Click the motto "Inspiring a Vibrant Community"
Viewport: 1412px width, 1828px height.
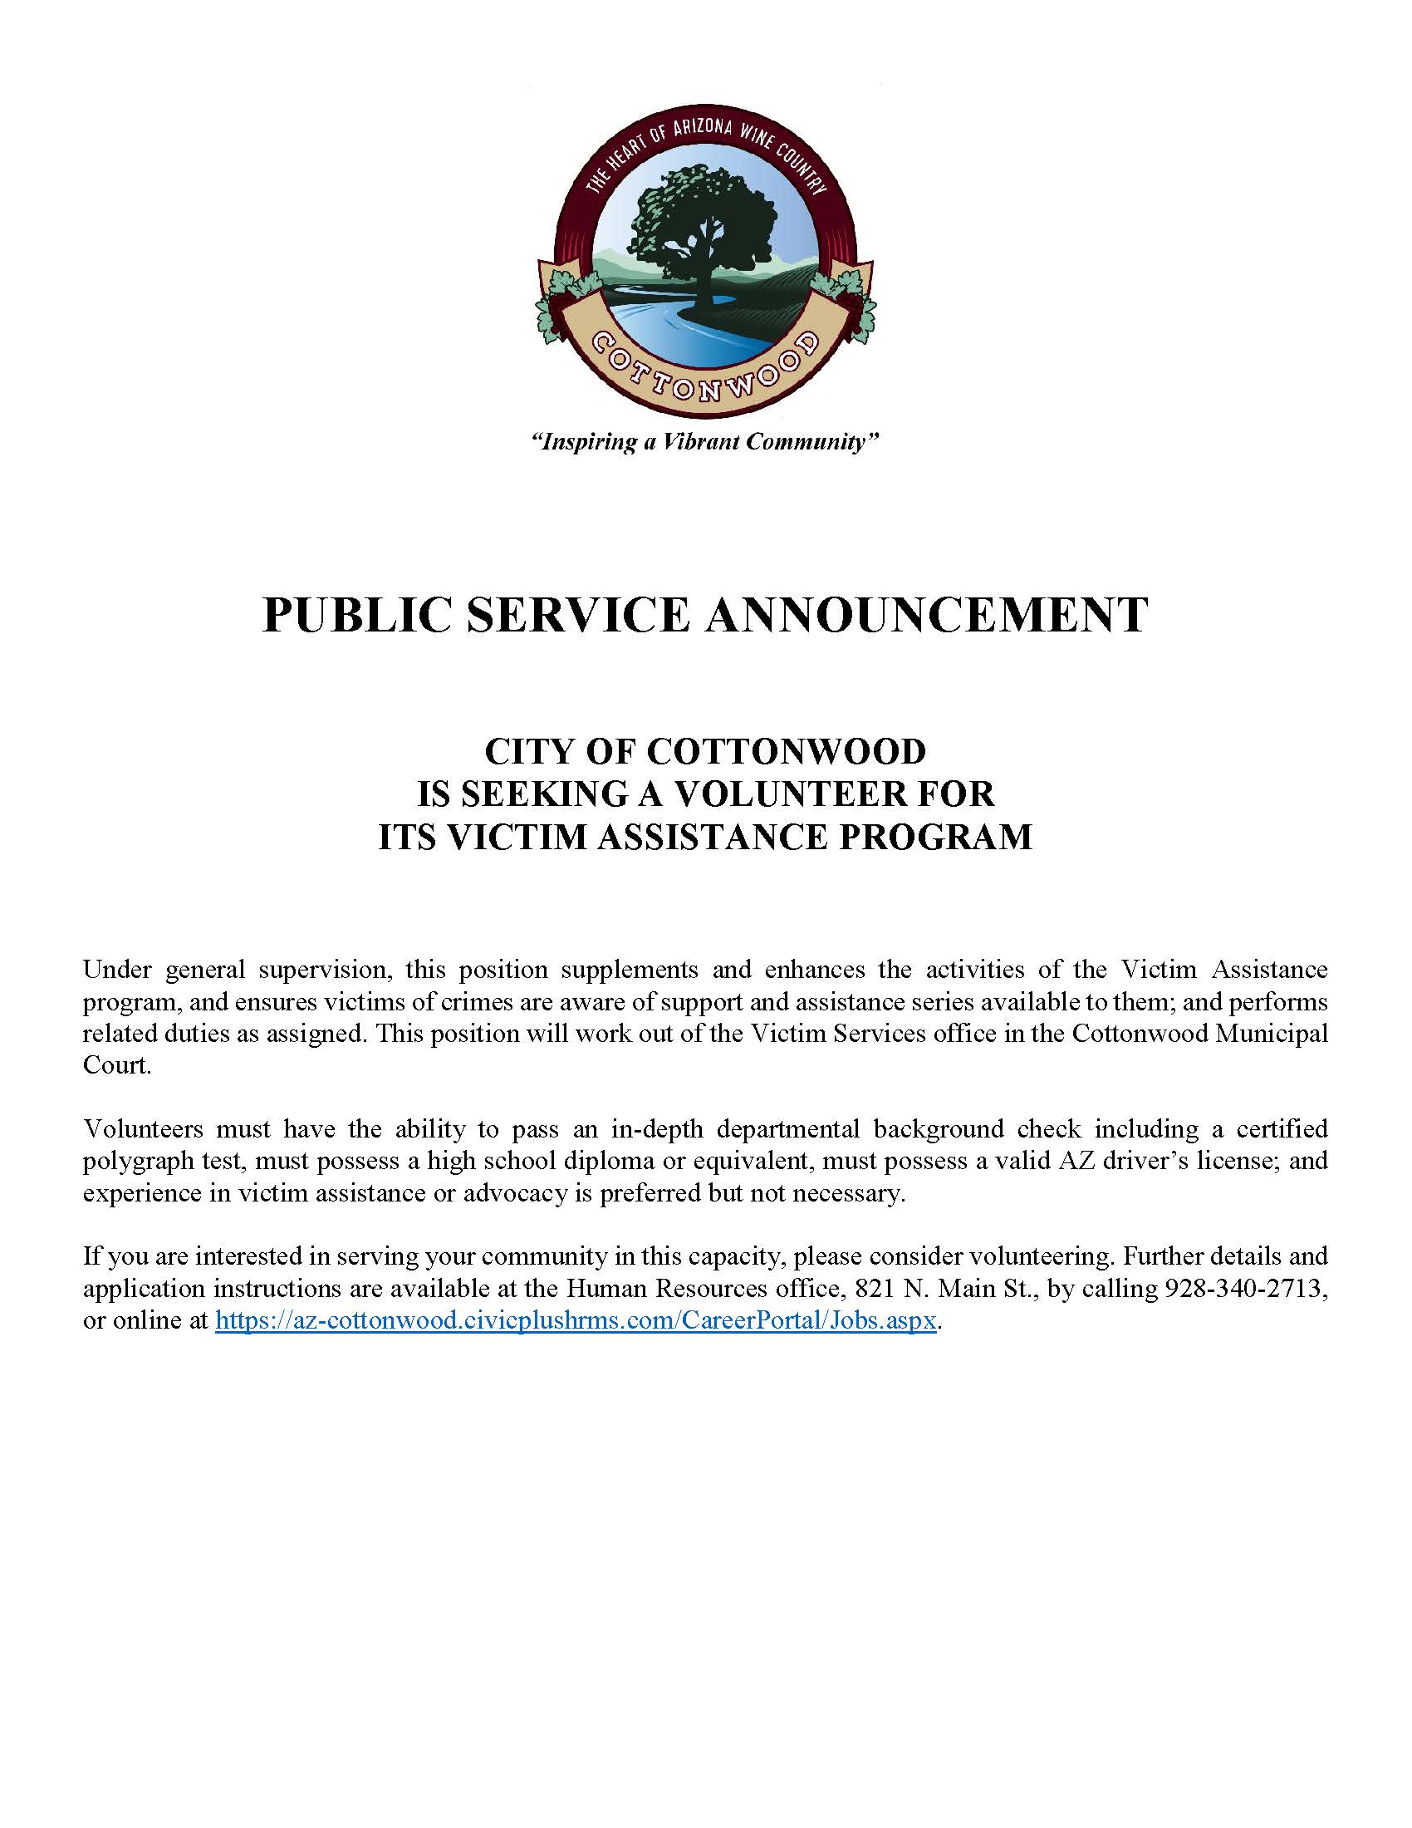(x=705, y=441)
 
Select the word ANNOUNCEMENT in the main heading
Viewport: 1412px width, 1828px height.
(x=927, y=615)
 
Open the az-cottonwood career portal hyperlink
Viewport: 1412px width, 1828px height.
(x=576, y=1320)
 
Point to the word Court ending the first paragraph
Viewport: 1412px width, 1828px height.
(x=115, y=1065)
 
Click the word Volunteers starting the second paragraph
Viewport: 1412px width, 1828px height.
(x=143, y=1129)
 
